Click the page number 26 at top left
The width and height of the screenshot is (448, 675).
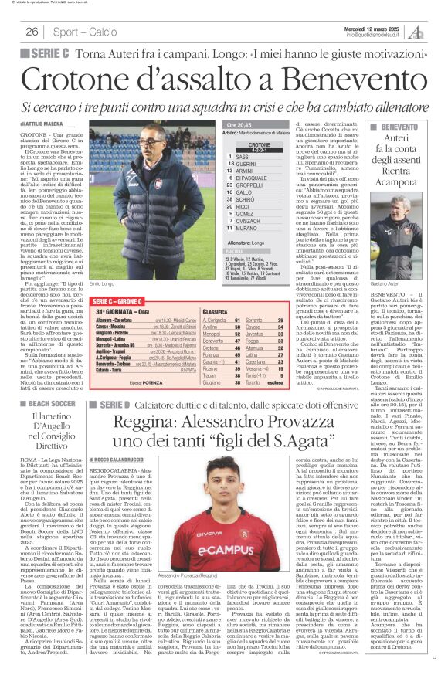click(x=32, y=32)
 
